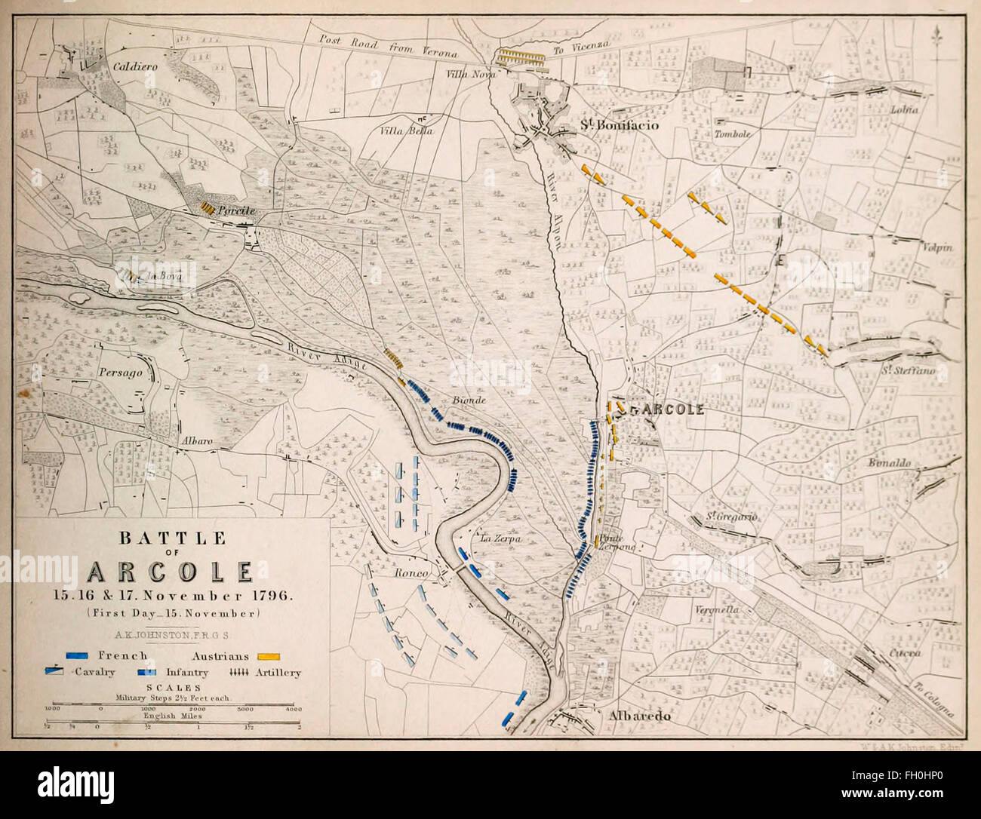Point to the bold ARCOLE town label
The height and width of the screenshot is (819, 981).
click(x=667, y=409)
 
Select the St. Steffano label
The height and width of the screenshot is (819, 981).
click(x=909, y=371)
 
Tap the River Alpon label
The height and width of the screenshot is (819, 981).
click(x=552, y=212)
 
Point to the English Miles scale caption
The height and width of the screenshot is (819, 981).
click(x=164, y=715)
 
